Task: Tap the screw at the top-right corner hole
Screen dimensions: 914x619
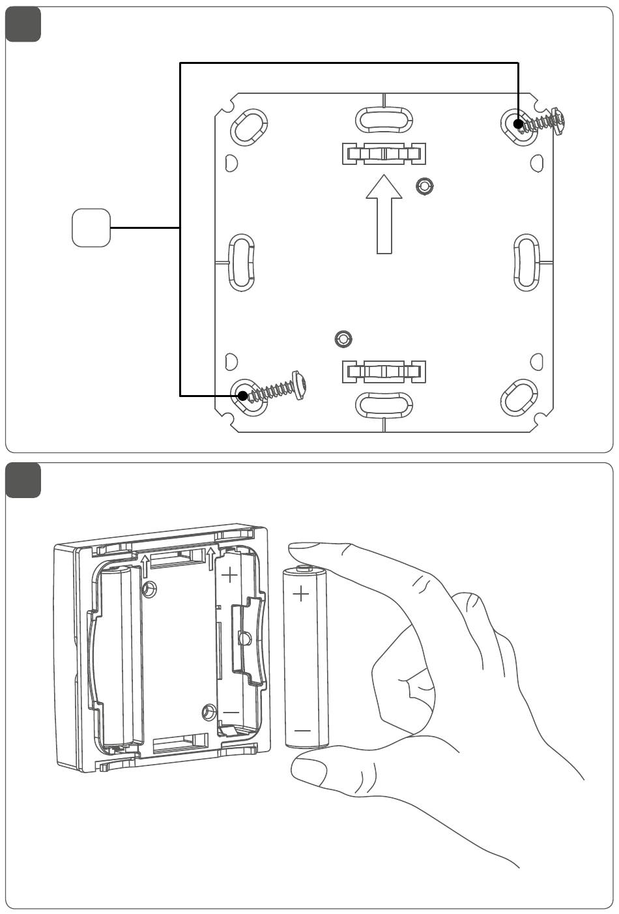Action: pos(541,121)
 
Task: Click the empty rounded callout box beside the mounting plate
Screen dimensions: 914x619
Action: pos(91,228)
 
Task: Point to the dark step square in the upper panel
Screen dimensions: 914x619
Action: pos(23,25)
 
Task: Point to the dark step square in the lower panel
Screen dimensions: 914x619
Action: pos(23,480)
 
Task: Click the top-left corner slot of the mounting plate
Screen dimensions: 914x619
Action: pos(250,126)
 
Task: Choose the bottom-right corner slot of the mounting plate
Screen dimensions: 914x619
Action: pos(519,397)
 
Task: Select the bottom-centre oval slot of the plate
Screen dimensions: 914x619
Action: pos(384,404)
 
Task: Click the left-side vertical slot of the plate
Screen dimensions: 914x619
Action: pos(241,262)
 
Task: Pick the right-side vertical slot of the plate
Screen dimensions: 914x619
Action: pos(526,262)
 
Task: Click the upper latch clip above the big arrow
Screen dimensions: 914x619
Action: pos(384,154)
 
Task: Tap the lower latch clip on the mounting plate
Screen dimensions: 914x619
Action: pos(384,372)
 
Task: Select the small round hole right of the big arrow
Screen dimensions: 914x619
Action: pos(425,187)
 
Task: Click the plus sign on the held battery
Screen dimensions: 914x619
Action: pos(301,594)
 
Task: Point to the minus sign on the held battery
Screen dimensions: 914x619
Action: pos(302,731)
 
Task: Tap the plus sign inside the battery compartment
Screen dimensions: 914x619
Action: pos(230,576)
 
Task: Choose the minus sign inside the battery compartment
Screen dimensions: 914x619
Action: pos(231,713)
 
